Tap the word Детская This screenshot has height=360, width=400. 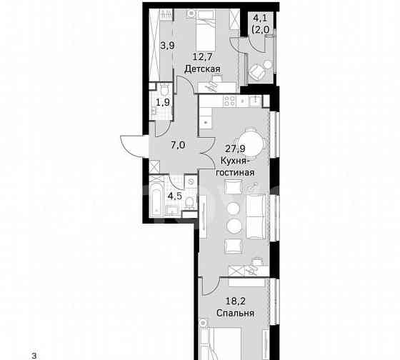[x=201, y=69]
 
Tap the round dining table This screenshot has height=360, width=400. [x=247, y=138]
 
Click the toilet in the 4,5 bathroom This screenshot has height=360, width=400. [x=187, y=206]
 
